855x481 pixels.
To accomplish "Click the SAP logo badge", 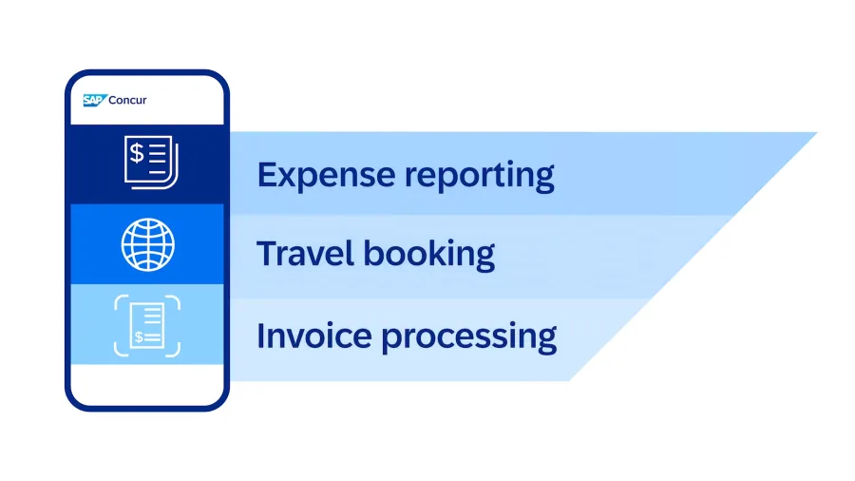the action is [94, 101].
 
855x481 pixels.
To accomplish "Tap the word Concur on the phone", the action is [127, 101].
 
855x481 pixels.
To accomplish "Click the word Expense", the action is [326, 176].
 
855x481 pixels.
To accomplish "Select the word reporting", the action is [480, 176].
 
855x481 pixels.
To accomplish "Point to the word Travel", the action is [305, 254].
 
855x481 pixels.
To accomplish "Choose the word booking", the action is [429, 255].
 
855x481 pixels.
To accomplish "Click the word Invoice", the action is [314, 336].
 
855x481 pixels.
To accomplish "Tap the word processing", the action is [469, 337].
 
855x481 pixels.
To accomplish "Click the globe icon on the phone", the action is [148, 245].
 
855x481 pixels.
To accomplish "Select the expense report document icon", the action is [151, 163].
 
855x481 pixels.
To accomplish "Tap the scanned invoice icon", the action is [147, 325].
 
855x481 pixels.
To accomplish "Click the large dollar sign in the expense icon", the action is [136, 153].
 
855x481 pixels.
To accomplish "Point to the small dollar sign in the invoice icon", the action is [139, 337].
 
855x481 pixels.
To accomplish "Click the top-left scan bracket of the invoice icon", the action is [119, 300].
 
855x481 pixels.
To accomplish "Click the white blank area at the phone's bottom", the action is [147, 384].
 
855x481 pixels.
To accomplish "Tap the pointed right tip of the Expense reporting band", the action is [816, 132].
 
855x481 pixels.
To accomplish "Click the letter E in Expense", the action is [267, 175].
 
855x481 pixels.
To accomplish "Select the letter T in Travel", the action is [268, 254].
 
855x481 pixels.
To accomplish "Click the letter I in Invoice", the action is [260, 336].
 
